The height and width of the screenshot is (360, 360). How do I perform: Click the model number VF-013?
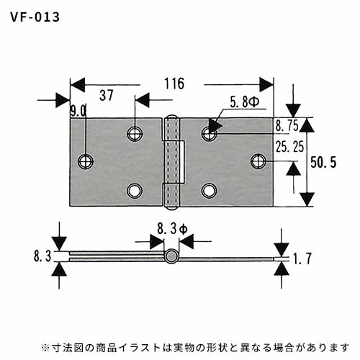click(35, 17)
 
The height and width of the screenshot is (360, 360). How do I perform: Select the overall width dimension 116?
click(174, 84)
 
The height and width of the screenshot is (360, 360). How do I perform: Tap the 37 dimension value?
click(107, 95)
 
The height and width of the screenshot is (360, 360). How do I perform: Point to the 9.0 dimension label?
click(78, 111)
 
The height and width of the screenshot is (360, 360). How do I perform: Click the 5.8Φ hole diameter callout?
click(244, 102)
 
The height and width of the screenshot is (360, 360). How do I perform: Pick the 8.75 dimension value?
click(287, 125)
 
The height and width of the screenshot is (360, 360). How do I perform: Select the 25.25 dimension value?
click(289, 147)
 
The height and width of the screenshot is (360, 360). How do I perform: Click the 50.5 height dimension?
click(323, 162)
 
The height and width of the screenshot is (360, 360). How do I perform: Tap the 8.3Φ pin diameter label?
click(172, 229)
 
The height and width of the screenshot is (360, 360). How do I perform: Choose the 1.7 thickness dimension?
click(302, 258)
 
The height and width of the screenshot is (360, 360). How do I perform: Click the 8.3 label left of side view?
click(42, 256)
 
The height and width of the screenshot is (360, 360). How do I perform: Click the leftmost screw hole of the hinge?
click(86, 161)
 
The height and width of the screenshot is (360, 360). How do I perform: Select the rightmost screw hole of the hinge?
click(258, 161)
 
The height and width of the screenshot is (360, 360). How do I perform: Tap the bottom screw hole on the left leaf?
click(135, 191)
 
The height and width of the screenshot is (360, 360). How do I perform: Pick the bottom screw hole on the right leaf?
click(210, 191)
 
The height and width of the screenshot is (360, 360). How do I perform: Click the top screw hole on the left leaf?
click(135, 133)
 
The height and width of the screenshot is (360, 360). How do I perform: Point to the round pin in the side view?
click(171, 256)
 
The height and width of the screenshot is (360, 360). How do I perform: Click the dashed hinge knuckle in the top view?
click(172, 162)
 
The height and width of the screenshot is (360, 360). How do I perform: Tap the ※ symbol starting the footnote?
click(45, 347)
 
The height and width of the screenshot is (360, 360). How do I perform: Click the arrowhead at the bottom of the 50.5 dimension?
click(307, 199)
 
